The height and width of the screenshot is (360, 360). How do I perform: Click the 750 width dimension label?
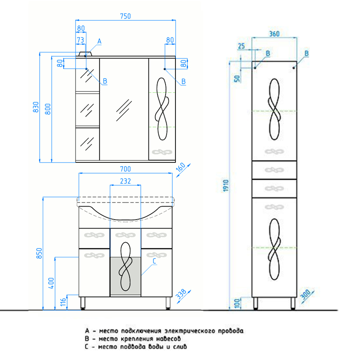click(126, 16)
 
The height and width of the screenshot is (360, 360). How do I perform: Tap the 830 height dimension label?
click(36, 107)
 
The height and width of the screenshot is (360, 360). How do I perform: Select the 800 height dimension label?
click(48, 109)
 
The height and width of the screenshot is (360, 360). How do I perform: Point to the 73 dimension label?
click(81, 40)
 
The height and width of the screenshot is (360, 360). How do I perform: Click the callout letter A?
click(99, 41)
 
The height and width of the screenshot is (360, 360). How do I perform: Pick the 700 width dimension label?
click(126, 169)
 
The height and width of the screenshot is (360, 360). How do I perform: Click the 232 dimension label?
click(126, 181)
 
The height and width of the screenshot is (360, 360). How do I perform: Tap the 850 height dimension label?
click(39, 253)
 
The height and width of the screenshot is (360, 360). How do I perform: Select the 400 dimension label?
click(51, 283)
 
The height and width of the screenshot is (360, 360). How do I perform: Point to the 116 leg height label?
click(63, 302)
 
